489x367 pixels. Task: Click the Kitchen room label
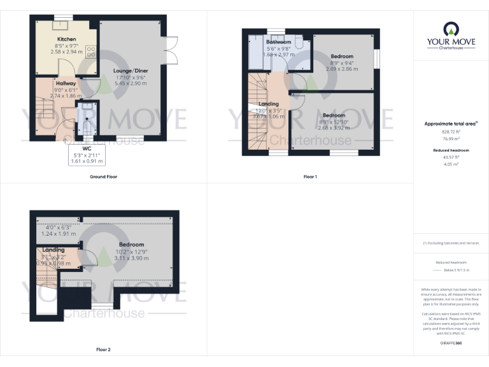click(x=66, y=39)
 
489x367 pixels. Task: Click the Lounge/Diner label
click(x=130, y=69)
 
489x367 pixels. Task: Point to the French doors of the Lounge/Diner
click(x=170, y=48)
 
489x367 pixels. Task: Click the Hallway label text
click(x=66, y=83)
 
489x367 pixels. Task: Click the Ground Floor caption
click(x=103, y=176)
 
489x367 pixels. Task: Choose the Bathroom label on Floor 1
click(x=278, y=42)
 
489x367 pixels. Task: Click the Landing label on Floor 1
click(x=268, y=104)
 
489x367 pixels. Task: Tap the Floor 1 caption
click(x=310, y=176)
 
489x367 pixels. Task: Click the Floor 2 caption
click(x=103, y=350)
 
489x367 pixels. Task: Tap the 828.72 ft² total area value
click(x=451, y=131)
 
